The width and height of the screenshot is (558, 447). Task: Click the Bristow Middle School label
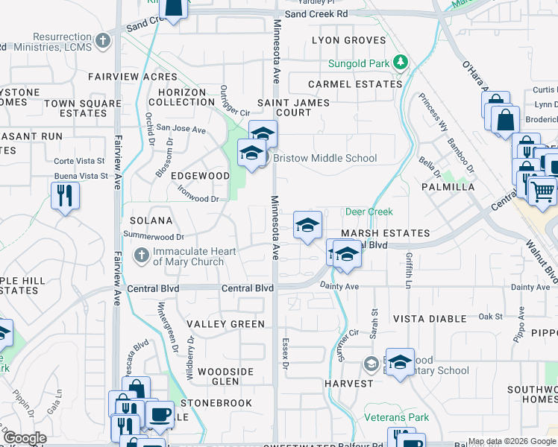coord(325,158)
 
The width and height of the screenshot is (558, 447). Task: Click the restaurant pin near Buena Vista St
coord(65,196)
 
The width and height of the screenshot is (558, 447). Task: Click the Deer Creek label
coord(369,212)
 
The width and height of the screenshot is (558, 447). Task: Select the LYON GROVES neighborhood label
coord(348,40)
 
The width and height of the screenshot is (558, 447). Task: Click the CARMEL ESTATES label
coord(356,84)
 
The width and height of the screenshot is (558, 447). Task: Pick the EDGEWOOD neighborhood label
coord(200,176)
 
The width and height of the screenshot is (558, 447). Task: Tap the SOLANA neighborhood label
coord(151,221)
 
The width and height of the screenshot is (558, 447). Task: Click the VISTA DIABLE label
coord(430,319)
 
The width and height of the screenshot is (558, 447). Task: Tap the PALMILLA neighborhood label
coord(448,187)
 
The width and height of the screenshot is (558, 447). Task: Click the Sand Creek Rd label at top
coord(316,13)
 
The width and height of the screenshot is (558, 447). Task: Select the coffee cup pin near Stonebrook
coord(159,414)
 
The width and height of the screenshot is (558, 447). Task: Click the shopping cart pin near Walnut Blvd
coord(542,190)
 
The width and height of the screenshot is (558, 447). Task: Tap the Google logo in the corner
coord(25,438)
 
